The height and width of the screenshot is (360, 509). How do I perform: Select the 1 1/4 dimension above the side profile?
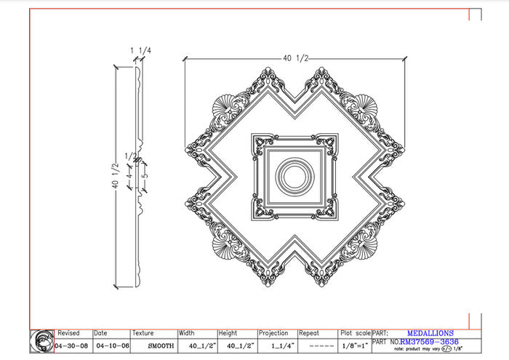(141, 50)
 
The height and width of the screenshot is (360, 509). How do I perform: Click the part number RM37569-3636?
(429, 341)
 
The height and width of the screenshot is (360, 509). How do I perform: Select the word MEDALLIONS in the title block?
(430, 333)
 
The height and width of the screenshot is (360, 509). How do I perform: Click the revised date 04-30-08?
(72, 345)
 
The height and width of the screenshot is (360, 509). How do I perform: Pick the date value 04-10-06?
(109, 345)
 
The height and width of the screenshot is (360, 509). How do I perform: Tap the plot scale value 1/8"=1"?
(354, 345)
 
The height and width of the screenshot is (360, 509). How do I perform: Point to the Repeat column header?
(311, 333)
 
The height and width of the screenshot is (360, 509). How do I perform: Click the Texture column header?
(144, 333)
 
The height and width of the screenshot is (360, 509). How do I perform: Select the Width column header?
(187, 333)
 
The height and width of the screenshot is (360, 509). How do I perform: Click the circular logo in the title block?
(42, 341)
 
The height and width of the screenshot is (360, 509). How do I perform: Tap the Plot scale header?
(356, 333)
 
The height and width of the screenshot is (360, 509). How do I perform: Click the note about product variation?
(434, 349)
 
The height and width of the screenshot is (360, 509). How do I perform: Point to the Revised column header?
(69, 333)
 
